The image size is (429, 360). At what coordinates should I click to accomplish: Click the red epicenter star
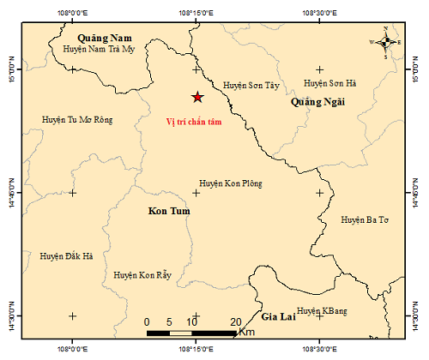pos(196,97)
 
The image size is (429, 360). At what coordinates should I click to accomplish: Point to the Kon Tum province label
pos(168,211)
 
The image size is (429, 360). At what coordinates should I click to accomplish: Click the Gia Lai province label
pos(278,316)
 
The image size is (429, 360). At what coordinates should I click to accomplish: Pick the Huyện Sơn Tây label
pos(251,86)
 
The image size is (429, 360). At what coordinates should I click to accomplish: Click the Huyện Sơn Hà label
pos(330,84)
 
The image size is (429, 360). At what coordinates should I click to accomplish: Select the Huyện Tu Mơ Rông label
pos(76,119)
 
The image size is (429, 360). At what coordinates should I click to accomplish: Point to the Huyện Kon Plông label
pos(230,183)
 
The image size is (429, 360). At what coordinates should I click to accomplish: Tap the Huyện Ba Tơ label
pos(365,220)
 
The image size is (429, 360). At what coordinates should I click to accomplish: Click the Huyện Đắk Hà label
pos(66,255)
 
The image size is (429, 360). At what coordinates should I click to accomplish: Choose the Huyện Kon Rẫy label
pos(142,275)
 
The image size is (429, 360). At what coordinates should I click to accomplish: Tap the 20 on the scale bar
pos(236,321)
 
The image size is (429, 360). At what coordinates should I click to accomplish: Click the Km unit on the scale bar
pos(247,331)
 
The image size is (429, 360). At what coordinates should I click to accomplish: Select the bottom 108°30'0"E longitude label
pos(320,350)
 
